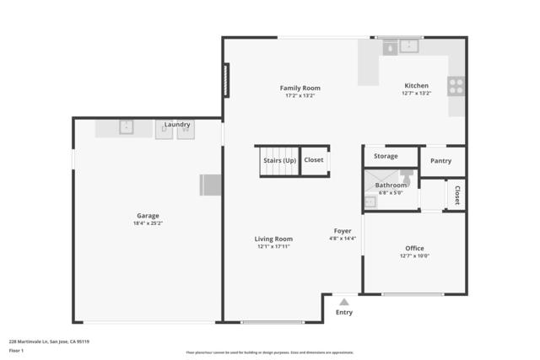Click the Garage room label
[x=148, y=216]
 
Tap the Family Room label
[x=300, y=88]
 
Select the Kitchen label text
[x=416, y=85]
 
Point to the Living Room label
[x=273, y=239]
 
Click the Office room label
[x=414, y=248]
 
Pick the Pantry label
[x=440, y=160]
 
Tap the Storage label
[x=386, y=156]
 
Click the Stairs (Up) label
[x=279, y=159]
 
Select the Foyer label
[x=343, y=230]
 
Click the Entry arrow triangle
[x=343, y=300]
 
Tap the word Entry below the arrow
[x=344, y=312]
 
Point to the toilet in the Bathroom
[x=407, y=178]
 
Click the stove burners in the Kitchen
[x=456, y=85]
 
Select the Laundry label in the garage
[x=177, y=124]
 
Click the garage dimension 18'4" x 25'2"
[x=148, y=223]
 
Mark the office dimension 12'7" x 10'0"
[x=414, y=255]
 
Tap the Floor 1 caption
[x=16, y=349]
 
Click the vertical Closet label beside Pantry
[x=457, y=195]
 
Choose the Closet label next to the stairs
[x=314, y=159]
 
